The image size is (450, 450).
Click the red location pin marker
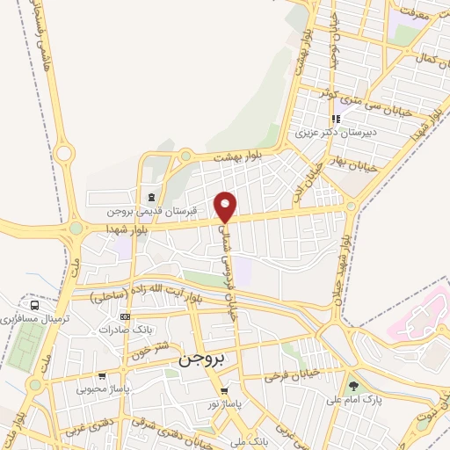(226, 207)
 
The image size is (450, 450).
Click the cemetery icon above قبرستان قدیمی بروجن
(153, 198)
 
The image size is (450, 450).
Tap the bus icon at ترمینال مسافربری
(33, 305)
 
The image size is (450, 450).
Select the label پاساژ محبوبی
(103, 388)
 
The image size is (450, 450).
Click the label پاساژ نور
(225, 403)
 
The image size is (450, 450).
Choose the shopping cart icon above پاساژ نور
(225, 391)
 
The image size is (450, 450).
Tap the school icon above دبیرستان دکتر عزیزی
(335, 120)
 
